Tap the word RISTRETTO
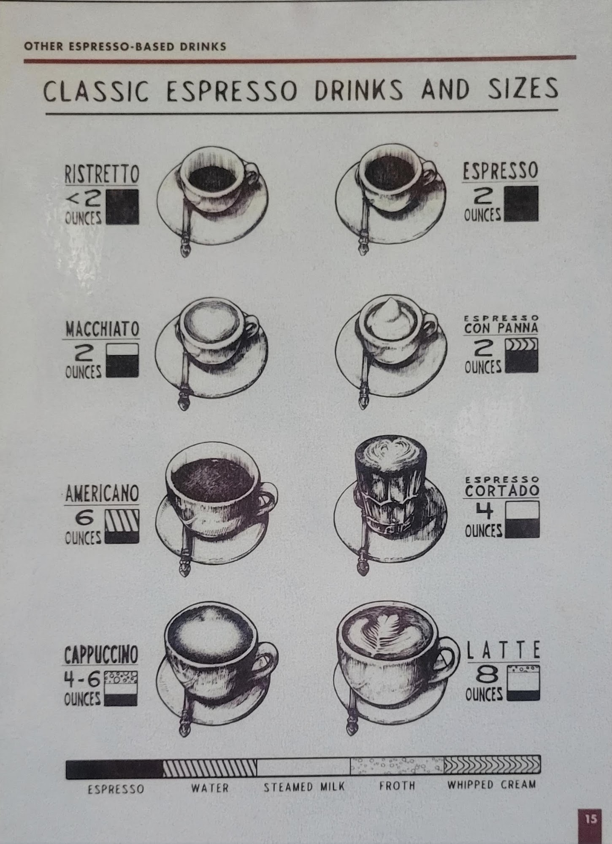[102, 174]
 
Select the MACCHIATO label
[102, 329]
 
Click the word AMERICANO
[102, 494]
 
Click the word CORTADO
[502, 490]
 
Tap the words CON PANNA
[501, 328]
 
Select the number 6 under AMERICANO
[84, 517]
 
